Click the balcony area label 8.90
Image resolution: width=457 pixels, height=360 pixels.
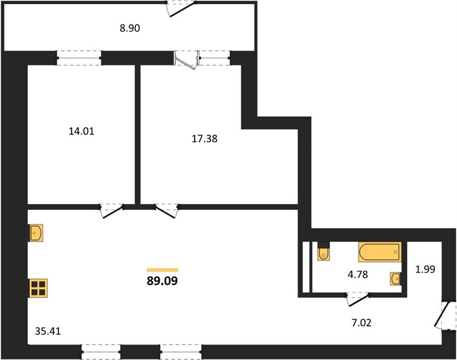(130, 28)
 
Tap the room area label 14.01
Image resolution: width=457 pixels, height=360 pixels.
(82, 131)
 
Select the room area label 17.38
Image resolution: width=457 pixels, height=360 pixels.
(205, 139)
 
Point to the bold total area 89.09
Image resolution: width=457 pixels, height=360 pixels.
(162, 281)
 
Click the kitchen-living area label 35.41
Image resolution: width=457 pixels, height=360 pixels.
(48, 331)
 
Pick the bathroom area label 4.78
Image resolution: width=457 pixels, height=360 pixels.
(358, 274)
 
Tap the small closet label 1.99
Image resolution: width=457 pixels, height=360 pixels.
(425, 269)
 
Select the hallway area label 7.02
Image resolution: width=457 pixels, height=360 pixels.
(362, 323)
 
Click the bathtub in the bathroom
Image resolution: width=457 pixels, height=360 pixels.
(380, 252)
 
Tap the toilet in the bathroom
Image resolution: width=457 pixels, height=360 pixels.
(324, 251)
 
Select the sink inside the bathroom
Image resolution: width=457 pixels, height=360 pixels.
(396, 279)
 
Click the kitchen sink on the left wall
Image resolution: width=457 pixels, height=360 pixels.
(36, 233)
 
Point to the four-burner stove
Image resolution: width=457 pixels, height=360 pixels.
(38, 288)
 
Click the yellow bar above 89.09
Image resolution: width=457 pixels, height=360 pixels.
(162, 270)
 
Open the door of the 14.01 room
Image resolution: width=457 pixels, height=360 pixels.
(112, 211)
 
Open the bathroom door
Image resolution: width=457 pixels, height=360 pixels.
(359, 300)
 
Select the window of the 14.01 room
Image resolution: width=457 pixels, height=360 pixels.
(79, 58)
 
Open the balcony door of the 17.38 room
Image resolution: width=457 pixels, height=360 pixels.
(187, 61)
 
